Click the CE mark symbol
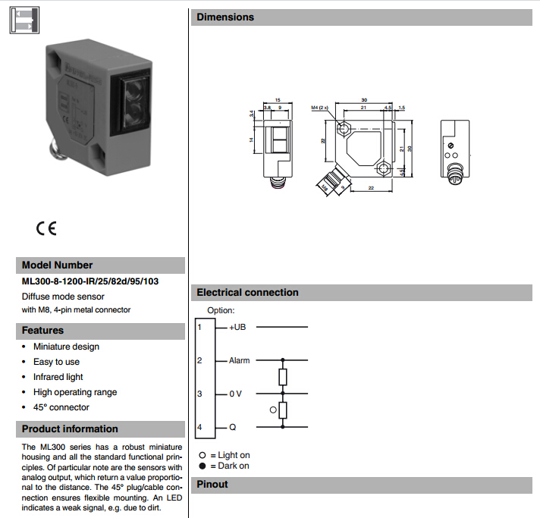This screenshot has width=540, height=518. [x=46, y=228]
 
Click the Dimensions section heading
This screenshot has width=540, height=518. [x=225, y=17]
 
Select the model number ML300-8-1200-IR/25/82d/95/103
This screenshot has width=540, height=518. [x=90, y=282]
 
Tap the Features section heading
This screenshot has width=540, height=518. [x=42, y=331]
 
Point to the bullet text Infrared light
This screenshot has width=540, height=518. [x=58, y=377]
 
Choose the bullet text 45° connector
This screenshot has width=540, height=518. [x=61, y=407]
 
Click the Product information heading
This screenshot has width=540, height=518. [x=70, y=429]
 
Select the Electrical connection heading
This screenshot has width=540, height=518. [x=247, y=293]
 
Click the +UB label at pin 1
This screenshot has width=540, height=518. [x=238, y=327]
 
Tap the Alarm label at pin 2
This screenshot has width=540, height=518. [x=239, y=360]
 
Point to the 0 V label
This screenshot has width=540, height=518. [x=236, y=394]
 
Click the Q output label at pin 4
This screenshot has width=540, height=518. [x=232, y=428]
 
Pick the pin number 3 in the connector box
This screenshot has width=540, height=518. [x=199, y=394]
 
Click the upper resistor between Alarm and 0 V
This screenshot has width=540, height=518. [x=283, y=377]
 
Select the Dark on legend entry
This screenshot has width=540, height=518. [x=229, y=466]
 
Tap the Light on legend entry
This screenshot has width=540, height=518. [x=229, y=456]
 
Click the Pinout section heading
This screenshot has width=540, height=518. [x=212, y=485]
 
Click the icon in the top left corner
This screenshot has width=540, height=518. [x=24, y=20]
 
